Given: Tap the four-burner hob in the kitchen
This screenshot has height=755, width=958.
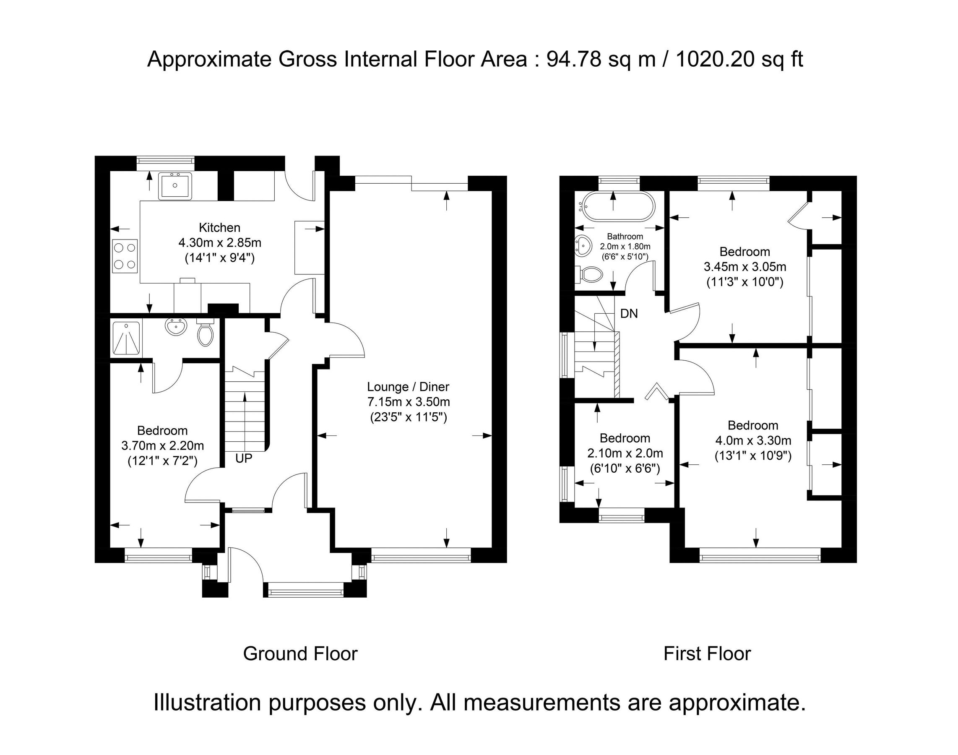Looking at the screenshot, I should [125, 256].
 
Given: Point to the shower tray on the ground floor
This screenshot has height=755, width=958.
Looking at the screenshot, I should [126, 338].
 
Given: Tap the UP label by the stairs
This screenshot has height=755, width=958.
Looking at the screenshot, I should [244, 458].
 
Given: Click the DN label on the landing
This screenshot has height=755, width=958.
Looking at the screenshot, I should [629, 313].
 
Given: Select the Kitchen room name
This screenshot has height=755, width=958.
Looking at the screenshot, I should [219, 228].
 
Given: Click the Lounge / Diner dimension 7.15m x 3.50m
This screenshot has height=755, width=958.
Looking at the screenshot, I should [408, 402].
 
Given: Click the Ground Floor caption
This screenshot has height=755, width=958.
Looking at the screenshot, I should [300, 654].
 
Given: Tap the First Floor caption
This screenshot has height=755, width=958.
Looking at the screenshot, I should [706, 654].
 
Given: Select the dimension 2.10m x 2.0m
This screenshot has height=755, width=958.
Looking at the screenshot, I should [625, 453].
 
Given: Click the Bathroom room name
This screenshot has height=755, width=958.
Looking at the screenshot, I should [625, 237].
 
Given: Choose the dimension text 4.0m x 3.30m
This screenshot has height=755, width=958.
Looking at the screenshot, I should [753, 440].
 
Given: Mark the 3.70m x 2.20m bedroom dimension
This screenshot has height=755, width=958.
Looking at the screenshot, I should [162, 445].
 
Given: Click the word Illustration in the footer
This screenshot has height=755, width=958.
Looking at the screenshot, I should [206, 703].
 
